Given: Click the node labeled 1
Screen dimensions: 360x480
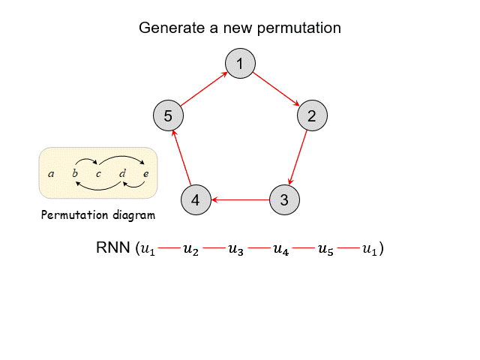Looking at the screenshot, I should tap(240, 64).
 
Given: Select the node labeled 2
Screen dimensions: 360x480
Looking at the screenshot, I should tap(312, 115).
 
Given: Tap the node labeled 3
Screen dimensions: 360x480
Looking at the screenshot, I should tap(284, 200).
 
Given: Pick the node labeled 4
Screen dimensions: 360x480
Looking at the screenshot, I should tap(196, 200).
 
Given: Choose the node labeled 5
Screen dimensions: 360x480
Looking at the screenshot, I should tap(168, 115).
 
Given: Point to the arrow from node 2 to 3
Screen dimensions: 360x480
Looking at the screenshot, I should tap(298, 157).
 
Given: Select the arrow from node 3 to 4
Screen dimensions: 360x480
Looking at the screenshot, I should tap(240, 200).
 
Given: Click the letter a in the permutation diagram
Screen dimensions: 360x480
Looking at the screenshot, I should tap(51, 174).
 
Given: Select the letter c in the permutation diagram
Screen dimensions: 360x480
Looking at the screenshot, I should tap(98, 174).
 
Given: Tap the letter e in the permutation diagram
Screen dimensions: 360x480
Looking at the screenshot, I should tap(145, 174).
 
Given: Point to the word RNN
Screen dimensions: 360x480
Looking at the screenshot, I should tap(113, 248).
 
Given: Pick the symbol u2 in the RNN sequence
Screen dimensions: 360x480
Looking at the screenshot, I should tap(191, 249).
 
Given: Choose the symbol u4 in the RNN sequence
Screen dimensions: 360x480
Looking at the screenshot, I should tap(280, 249).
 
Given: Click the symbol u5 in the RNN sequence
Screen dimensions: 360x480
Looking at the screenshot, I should tap(325, 249).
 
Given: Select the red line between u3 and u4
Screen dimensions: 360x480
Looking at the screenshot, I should tap(259, 248).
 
